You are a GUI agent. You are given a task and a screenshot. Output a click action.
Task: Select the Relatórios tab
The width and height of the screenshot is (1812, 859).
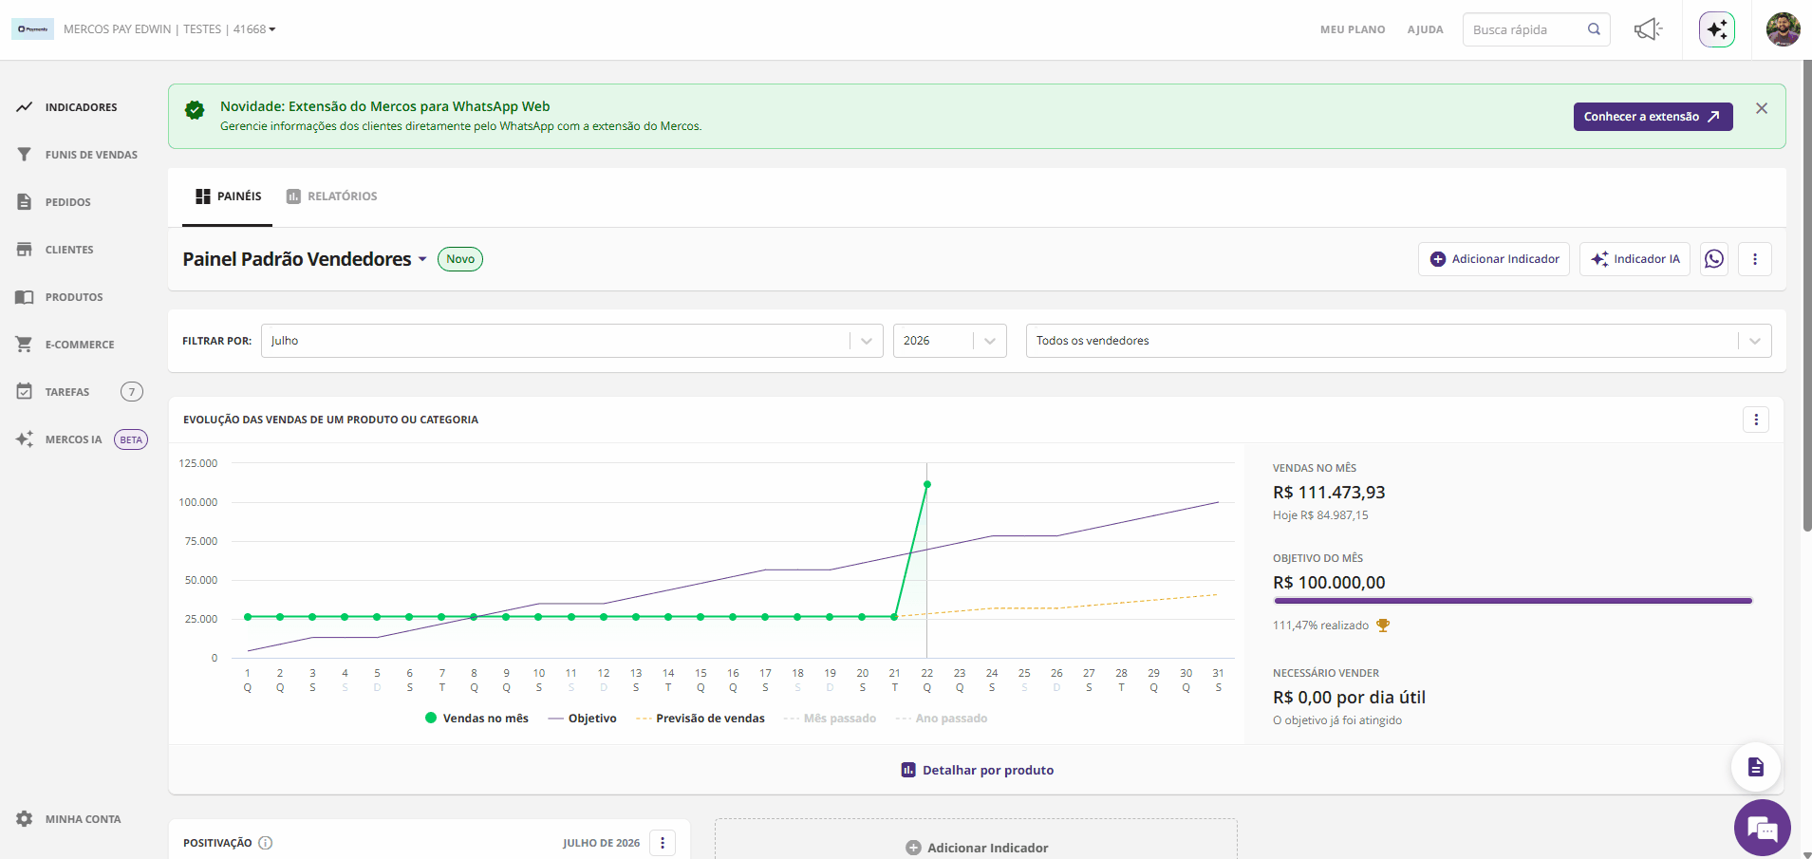(x=331, y=196)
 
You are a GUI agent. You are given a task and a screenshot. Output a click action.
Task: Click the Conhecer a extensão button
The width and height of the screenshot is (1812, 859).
(x=1653, y=117)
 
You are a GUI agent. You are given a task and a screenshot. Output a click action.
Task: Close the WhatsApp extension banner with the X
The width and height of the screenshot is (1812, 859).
(x=1762, y=108)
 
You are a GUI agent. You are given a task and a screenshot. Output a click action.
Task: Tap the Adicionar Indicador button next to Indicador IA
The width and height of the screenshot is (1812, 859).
(x=1494, y=259)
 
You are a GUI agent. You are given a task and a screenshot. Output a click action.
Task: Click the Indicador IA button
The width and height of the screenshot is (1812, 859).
(x=1635, y=259)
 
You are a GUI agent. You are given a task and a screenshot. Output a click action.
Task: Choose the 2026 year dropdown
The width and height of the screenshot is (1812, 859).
(x=949, y=341)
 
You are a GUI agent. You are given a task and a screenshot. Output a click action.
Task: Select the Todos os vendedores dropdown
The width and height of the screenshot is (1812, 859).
(x=1398, y=341)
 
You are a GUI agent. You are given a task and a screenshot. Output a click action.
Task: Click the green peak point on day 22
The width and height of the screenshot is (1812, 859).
(x=927, y=484)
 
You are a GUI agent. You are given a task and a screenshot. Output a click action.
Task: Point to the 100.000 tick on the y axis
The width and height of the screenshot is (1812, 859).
(x=198, y=502)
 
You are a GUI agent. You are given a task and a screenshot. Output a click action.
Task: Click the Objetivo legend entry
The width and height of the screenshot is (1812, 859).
(x=583, y=719)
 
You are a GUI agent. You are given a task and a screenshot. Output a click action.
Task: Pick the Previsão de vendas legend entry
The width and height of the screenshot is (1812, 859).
(x=701, y=719)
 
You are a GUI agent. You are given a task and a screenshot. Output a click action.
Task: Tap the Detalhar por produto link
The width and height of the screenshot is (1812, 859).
(x=978, y=770)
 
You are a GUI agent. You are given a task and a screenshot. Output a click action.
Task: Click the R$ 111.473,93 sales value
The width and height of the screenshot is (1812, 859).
(x=1329, y=493)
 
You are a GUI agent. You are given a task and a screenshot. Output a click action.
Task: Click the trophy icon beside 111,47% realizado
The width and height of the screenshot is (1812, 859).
(x=1383, y=626)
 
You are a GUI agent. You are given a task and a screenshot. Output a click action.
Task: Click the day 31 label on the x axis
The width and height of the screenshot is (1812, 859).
(x=1219, y=673)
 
